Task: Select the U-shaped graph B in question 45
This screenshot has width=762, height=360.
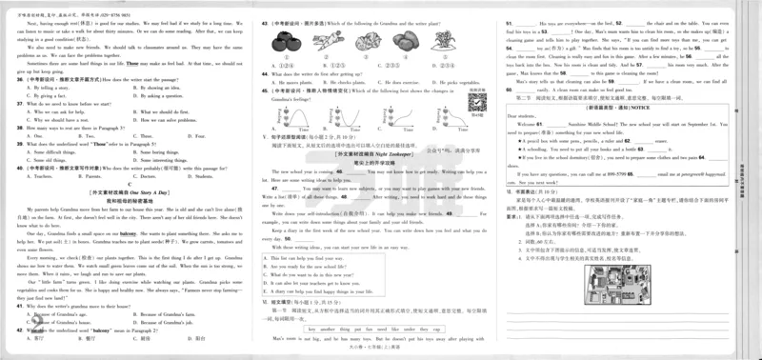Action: pos(335,115)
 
